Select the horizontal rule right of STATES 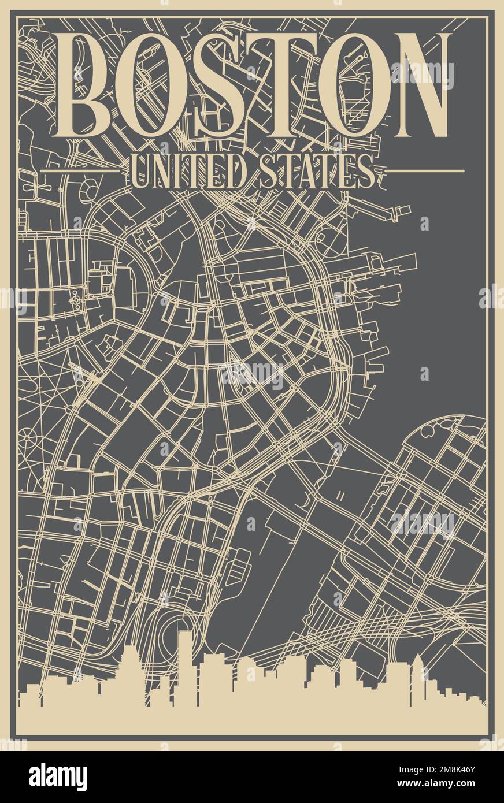click(x=425, y=171)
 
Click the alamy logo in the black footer click(x=58, y=776)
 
